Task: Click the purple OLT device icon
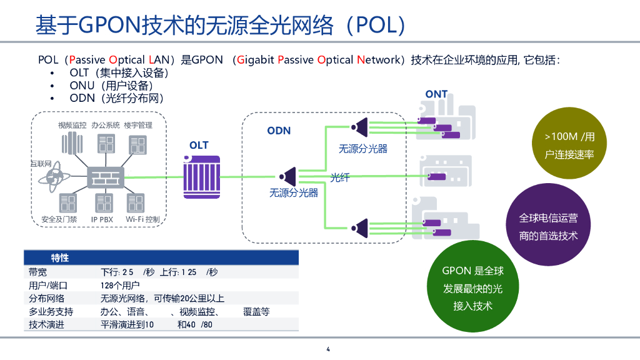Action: tap(201, 177)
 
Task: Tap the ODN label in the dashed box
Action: tap(279, 131)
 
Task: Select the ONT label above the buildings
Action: tap(436, 94)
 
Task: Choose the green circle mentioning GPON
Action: tap(472, 288)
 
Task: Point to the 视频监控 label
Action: tap(72, 125)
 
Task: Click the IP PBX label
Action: tap(102, 219)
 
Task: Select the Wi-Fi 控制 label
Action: tap(142, 219)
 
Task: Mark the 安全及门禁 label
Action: tap(59, 219)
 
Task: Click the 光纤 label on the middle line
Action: tap(340, 178)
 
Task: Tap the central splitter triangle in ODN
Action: tap(289, 177)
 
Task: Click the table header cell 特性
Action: tap(60, 257)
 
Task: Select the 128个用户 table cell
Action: tap(120, 285)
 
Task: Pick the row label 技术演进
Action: tap(46, 324)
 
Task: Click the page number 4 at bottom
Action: tap(327, 349)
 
